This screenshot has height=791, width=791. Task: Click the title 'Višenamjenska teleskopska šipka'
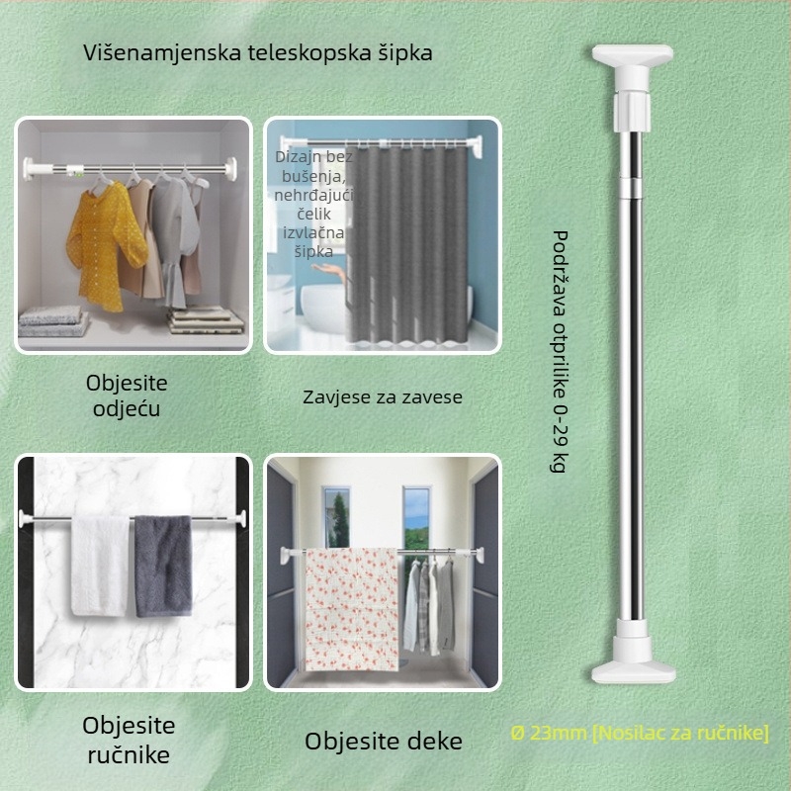(257, 52)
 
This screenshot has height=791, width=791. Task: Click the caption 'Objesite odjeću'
(127, 395)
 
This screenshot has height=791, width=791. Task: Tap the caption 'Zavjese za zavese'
(382, 397)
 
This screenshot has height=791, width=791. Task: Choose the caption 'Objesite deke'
(383, 741)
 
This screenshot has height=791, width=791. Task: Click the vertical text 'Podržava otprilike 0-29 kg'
(559, 352)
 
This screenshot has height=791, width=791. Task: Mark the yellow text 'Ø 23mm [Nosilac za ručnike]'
(640, 734)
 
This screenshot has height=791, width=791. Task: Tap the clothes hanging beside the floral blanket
(428, 603)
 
